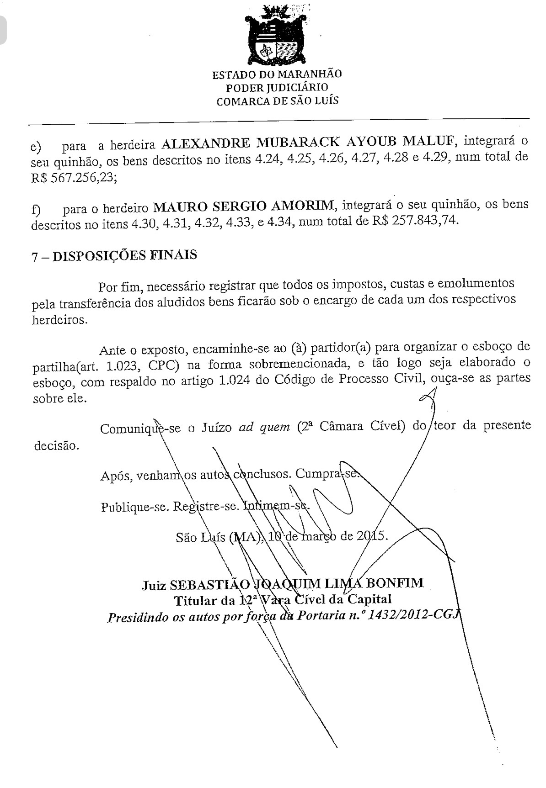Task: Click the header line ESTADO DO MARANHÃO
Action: [x=277, y=74]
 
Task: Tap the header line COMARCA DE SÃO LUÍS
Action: [x=278, y=101]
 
